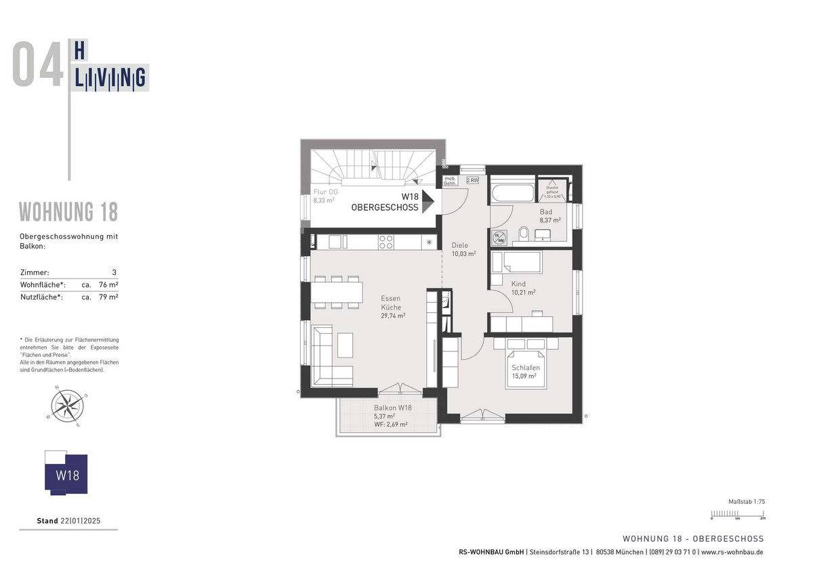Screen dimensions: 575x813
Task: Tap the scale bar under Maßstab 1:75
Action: coord(738,513)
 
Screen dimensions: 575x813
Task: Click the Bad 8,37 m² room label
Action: coord(549,216)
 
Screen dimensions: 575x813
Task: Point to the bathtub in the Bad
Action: coord(512,192)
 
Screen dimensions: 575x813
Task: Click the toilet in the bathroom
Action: coord(524,234)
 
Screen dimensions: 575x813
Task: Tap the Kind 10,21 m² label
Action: coord(523,289)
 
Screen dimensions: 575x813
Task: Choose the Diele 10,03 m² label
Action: coord(463,249)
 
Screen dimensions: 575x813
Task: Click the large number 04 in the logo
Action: coord(37,64)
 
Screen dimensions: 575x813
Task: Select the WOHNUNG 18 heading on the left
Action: coord(68,212)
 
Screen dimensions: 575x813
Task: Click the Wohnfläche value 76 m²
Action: coord(108,284)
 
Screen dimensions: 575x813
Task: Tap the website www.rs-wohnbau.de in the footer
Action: coord(732,552)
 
